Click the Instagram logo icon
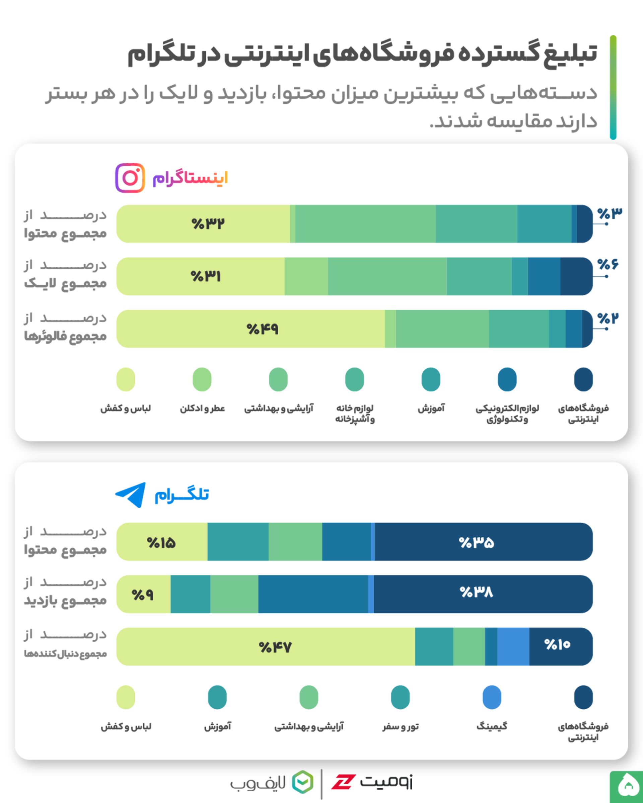130,178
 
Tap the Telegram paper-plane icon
131,495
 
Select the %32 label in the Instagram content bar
208,224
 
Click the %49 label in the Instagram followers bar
263,329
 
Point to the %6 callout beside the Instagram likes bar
608,264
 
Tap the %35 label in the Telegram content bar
476,542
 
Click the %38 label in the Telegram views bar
476,592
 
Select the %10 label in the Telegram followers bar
557,644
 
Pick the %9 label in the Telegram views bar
143,595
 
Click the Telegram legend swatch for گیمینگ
492,697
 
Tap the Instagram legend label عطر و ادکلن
202,409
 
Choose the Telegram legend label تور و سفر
400,727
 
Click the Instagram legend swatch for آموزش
431,379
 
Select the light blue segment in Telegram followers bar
513,646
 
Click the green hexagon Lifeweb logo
302,782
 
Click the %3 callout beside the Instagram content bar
610,214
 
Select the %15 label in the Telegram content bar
161,543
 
